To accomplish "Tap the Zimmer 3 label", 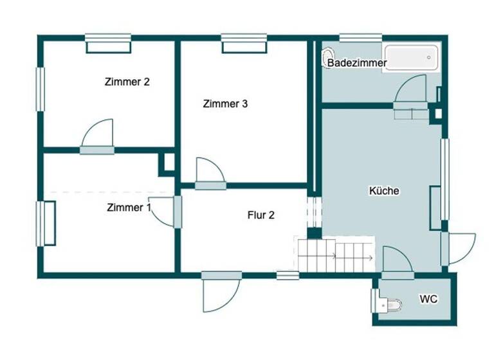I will pyautogui.click(x=225, y=104).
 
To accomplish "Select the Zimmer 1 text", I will pyautogui.click(x=129, y=208).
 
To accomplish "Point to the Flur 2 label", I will pyautogui.click(x=261, y=215).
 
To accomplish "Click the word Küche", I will pyautogui.click(x=384, y=191).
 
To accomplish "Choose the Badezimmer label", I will pyautogui.click(x=357, y=63).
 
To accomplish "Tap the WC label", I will pyautogui.click(x=428, y=299).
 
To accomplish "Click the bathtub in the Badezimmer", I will pyautogui.click(x=410, y=58).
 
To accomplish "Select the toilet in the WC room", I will pyautogui.click(x=388, y=303).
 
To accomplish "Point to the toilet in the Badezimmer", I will pyautogui.click(x=328, y=56).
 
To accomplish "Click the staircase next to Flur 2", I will pyautogui.click(x=335, y=255).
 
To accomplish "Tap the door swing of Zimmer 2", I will pyautogui.click(x=98, y=134).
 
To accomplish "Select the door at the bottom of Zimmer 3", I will pyautogui.click(x=210, y=172).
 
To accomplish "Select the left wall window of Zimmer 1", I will pyautogui.click(x=44, y=223).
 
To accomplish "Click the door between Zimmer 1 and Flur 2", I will pyautogui.click(x=165, y=212).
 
